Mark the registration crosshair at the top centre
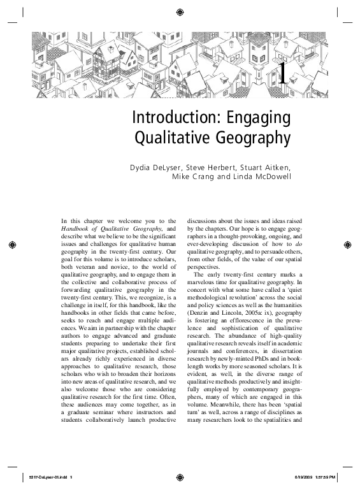pos(180,11)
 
